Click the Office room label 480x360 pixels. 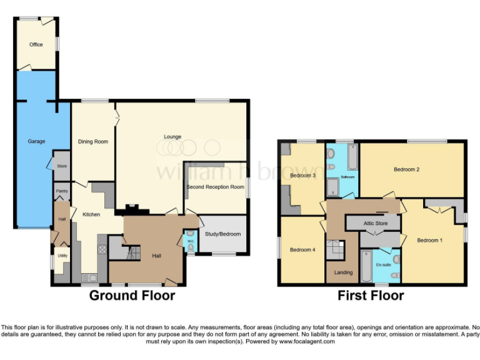(x=36, y=44)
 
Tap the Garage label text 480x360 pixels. (x=36, y=142)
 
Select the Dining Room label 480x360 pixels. (x=93, y=142)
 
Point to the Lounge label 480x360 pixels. (x=172, y=137)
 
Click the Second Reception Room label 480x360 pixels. (x=215, y=187)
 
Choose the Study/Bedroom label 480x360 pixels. (x=223, y=234)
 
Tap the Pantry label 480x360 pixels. (x=61, y=191)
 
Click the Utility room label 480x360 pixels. (x=62, y=256)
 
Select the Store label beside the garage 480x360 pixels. (x=61, y=166)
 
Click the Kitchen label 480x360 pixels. (x=91, y=215)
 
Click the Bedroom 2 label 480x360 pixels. (x=406, y=169)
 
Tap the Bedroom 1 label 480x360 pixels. (x=429, y=240)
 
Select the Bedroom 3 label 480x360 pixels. (x=302, y=176)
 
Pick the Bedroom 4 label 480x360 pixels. (x=302, y=250)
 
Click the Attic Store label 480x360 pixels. (x=376, y=223)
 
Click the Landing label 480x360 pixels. (x=343, y=272)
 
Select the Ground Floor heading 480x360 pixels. (x=132, y=295)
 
